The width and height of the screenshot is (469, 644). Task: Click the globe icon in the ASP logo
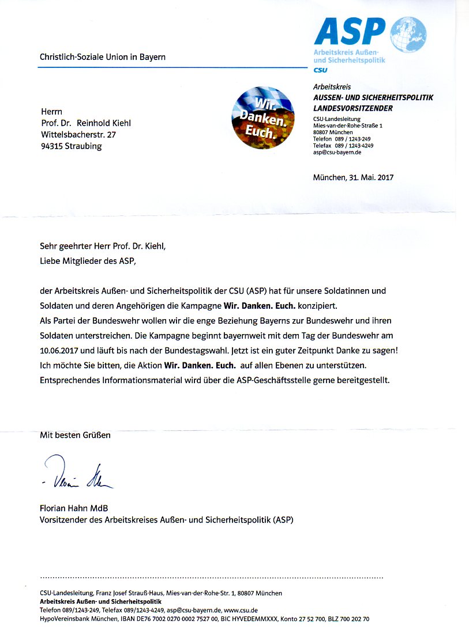pos(408,35)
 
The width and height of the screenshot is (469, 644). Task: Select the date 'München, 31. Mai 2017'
pos(353,177)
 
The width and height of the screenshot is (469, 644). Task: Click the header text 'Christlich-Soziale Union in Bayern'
pos(103,57)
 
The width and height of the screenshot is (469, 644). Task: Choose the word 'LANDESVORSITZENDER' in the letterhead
pos(352,108)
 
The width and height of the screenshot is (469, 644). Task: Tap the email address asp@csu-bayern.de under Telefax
pos(337,153)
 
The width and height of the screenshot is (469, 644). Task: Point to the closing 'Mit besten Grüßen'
pos(75,435)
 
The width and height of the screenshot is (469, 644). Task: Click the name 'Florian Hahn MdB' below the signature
pos(74,508)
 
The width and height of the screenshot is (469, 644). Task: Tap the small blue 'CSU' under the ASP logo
pos(320,70)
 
